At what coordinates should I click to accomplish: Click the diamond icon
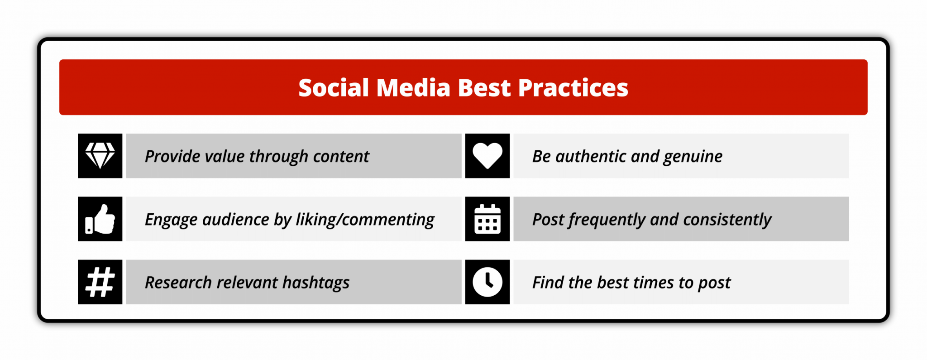point(100,156)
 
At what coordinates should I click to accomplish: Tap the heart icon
point(487,156)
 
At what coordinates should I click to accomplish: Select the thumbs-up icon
point(100,219)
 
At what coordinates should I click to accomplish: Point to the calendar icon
point(487,219)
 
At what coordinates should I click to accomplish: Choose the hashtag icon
point(100,282)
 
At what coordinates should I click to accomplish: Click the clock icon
point(487,282)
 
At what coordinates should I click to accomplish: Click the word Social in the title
point(334,87)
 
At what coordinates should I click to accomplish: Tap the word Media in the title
point(413,87)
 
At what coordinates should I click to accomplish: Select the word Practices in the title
point(573,87)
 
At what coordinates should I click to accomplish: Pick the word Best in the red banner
point(484,87)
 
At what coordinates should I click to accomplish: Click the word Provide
point(172,156)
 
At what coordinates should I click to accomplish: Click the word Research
point(178,283)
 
